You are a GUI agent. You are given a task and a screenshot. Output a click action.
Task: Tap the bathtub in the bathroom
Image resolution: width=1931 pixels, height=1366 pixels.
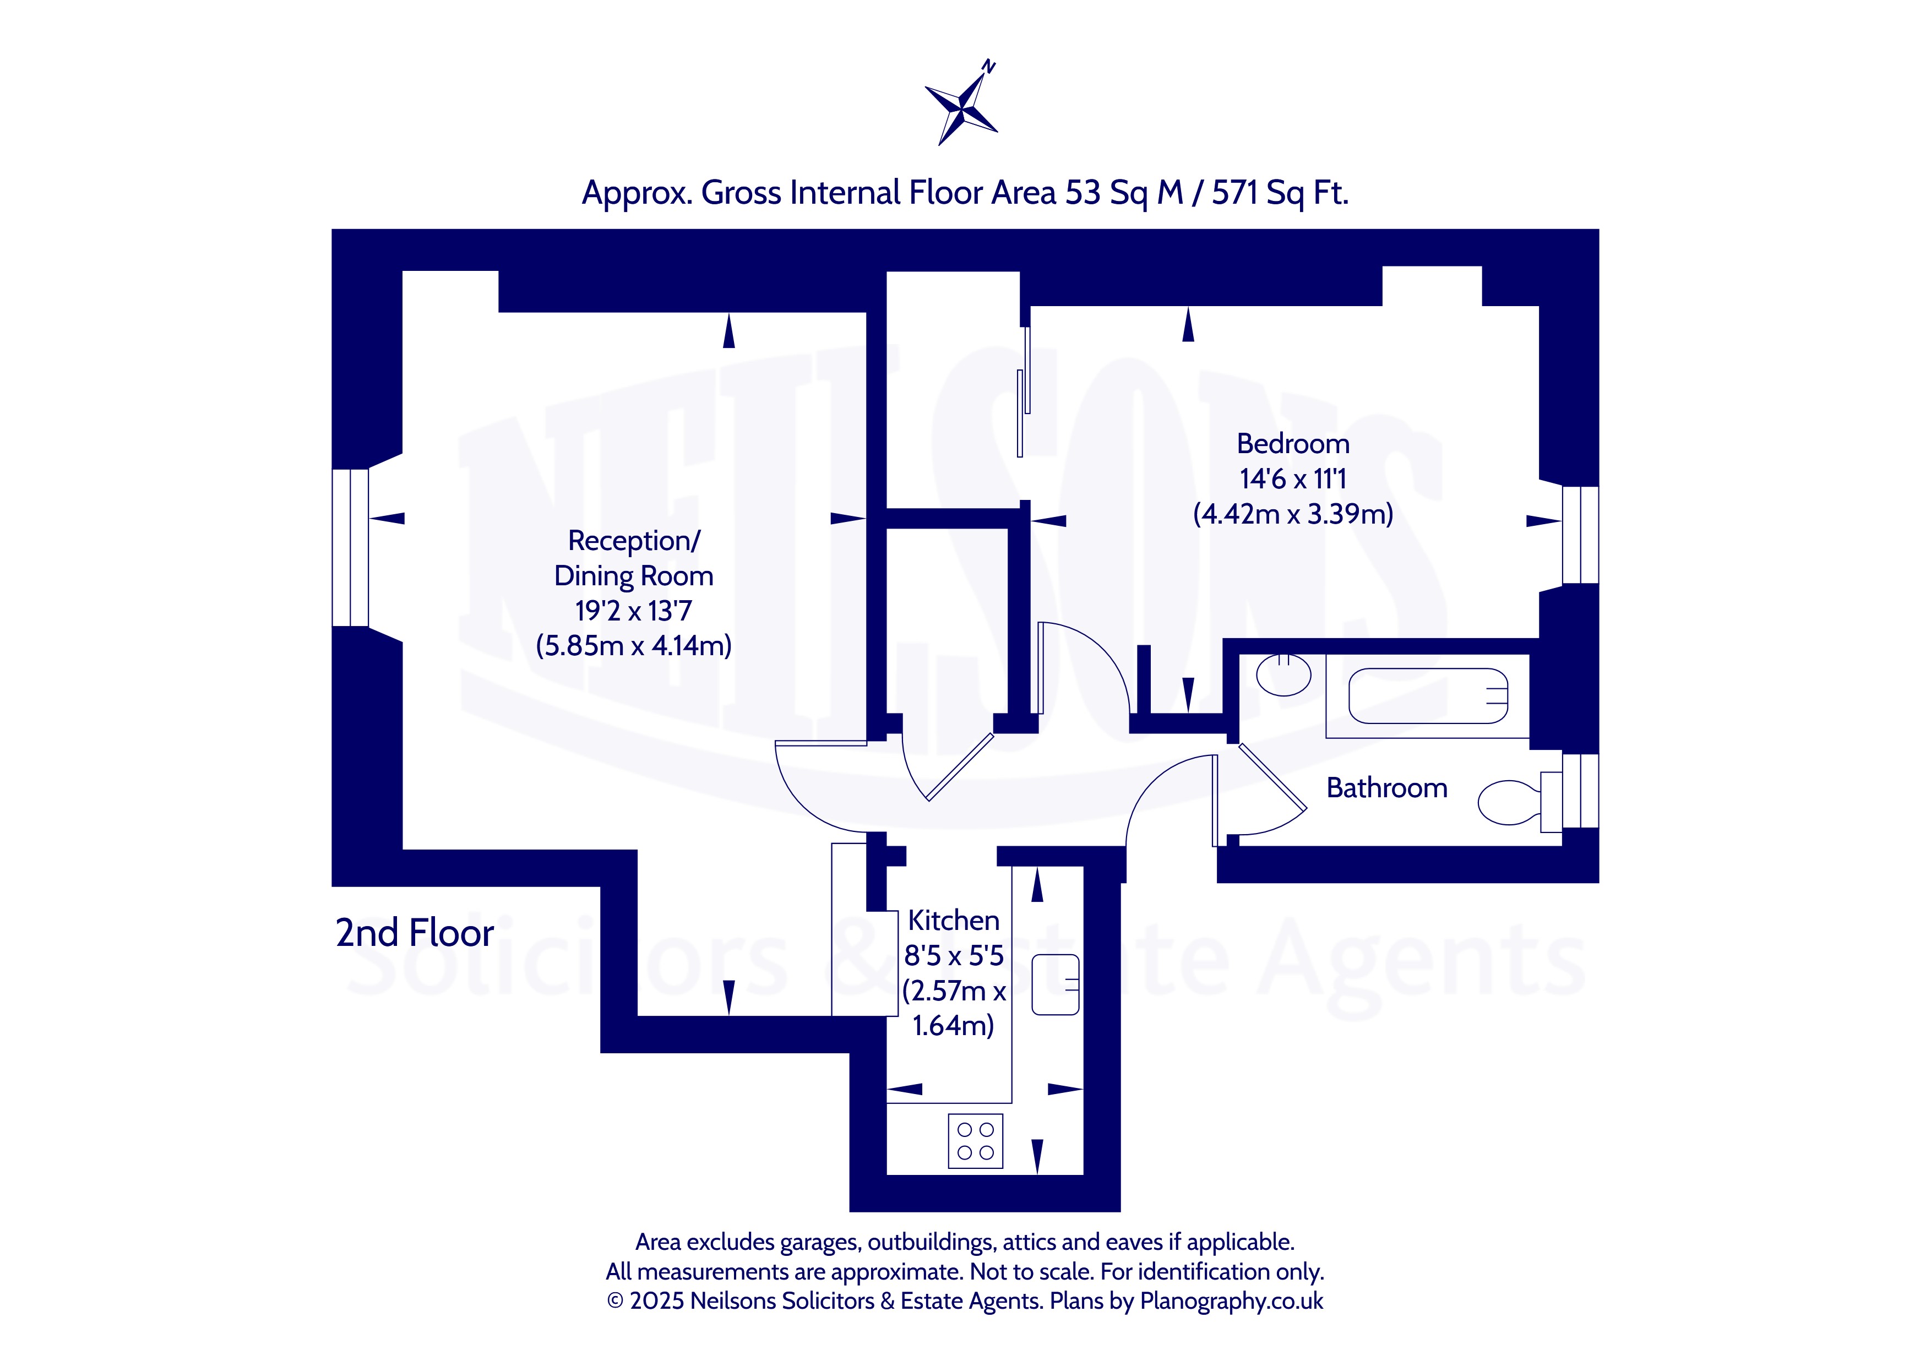(1427, 695)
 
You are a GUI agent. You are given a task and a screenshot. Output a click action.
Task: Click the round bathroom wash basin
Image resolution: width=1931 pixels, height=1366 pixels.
(1283, 674)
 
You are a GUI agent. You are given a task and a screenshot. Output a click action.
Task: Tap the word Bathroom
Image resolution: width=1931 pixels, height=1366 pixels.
(1387, 788)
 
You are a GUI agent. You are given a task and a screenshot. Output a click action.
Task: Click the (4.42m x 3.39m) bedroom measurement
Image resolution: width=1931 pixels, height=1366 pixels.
(1293, 513)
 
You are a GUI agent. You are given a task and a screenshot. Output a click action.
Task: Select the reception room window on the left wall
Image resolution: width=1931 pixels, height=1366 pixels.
(350, 548)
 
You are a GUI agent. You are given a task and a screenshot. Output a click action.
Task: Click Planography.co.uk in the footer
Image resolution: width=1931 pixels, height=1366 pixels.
(1231, 1301)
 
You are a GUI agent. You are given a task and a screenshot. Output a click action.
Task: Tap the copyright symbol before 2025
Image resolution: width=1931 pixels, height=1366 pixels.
(615, 1301)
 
